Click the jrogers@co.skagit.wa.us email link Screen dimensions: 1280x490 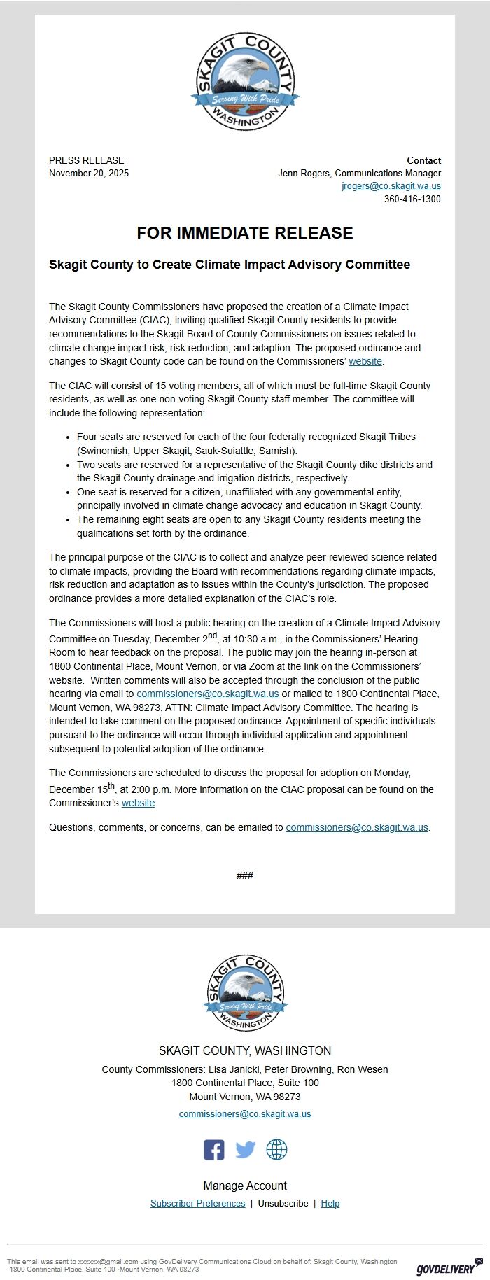(391, 186)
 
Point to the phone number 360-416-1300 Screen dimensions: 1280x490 (412, 199)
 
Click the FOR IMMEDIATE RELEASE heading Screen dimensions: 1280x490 (245, 233)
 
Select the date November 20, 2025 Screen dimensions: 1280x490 (89, 174)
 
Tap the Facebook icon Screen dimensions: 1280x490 (214, 1150)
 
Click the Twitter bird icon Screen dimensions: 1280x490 (245, 1150)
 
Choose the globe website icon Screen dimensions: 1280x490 (276, 1150)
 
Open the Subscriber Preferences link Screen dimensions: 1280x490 (197, 1204)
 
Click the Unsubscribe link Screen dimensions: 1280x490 (283, 1204)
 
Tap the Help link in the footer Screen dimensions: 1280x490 (330, 1204)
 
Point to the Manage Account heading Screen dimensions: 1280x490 (245, 1186)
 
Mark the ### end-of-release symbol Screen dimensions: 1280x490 (245, 875)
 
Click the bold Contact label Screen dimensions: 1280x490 (423, 160)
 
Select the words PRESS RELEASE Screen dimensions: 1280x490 (86, 160)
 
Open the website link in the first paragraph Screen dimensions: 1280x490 (365, 362)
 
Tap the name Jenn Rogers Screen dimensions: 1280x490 (304, 174)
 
